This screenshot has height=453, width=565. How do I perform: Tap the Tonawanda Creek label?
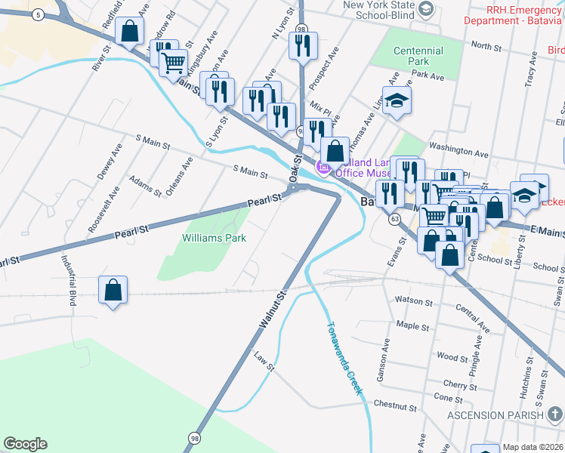tap(344, 359)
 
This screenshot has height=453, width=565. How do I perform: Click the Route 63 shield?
tap(394, 219)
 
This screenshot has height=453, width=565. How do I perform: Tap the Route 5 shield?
tap(37, 14)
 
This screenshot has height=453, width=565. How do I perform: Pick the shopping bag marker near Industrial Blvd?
tap(113, 289)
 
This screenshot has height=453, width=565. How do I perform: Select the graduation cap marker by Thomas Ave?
tap(397, 100)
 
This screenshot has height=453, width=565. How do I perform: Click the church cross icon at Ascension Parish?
tap(554, 414)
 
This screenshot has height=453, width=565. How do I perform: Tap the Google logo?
tap(25, 444)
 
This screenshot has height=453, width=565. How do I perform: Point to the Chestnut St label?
tap(394, 406)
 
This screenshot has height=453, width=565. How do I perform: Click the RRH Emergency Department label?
tap(514, 15)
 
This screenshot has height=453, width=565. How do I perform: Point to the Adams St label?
tap(145, 185)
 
